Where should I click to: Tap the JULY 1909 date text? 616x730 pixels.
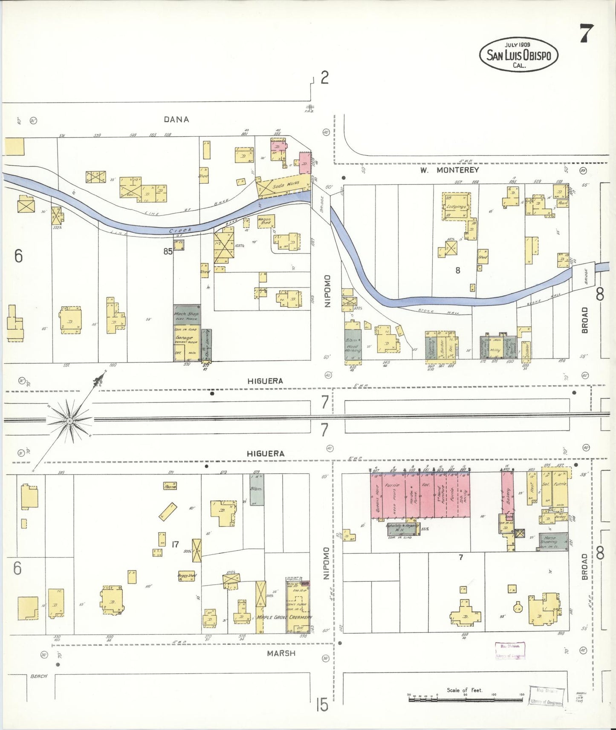click(x=518, y=44)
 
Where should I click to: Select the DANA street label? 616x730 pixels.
click(x=176, y=120)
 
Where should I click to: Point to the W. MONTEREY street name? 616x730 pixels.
click(x=449, y=170)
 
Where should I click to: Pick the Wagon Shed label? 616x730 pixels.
click(x=265, y=221)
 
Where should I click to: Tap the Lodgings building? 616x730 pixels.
click(x=457, y=207)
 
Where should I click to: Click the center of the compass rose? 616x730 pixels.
click(x=69, y=421)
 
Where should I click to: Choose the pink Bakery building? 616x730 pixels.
click(x=507, y=496)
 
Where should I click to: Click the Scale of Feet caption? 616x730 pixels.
click(x=464, y=690)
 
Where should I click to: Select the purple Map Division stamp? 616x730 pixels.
click(x=510, y=651)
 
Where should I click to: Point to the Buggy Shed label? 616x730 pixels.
click(x=187, y=576)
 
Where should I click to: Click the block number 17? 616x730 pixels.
click(x=175, y=544)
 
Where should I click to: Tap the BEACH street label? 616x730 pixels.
click(x=39, y=676)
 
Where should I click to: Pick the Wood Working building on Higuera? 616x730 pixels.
click(x=353, y=346)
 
